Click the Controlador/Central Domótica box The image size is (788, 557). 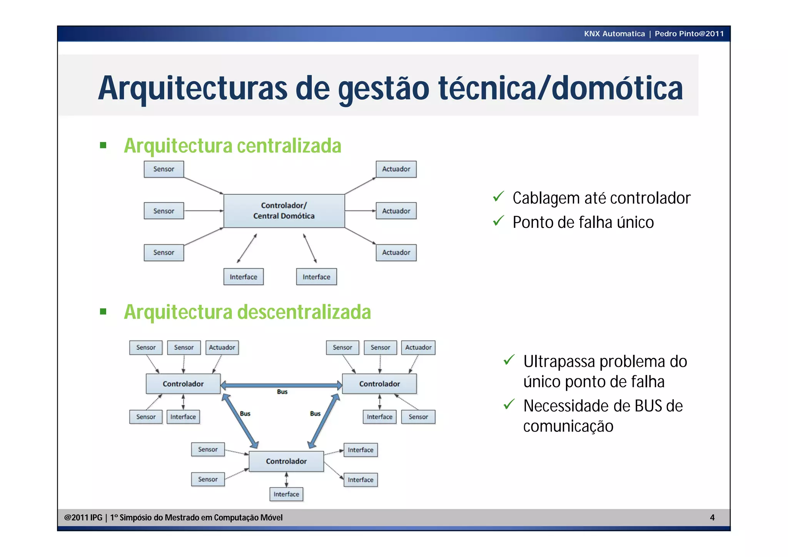pos(284,211)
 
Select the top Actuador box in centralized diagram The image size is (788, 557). pos(396,169)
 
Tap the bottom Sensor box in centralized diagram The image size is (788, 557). pos(164,253)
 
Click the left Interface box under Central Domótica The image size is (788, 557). pos(243,277)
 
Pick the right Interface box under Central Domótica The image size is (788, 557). pos(316,277)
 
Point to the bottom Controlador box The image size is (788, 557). pos(286,461)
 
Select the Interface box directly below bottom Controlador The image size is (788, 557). pos(286,494)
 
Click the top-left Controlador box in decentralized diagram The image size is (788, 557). pos(183,384)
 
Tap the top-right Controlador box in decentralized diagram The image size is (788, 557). pos(379,384)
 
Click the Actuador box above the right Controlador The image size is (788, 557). pos(418,347)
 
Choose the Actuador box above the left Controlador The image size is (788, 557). pos(222,347)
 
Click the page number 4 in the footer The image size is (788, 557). pos(712,517)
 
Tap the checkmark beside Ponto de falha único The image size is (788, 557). pos(498,221)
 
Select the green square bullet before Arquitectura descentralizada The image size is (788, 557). pos(103,311)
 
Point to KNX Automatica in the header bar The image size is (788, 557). pos(614,33)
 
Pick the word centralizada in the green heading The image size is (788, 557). pos(289,146)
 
